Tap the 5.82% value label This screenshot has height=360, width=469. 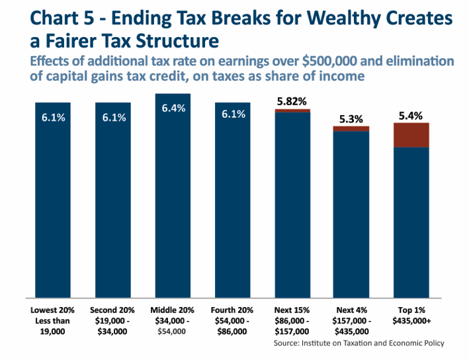pyautogui.click(x=292, y=102)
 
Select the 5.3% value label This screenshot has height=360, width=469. pyautogui.click(x=351, y=119)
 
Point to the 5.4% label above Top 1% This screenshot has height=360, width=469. pyautogui.click(x=411, y=116)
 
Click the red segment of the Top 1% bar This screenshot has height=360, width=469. pyautogui.click(x=411, y=135)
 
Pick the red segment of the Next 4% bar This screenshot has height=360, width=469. pyautogui.click(x=351, y=128)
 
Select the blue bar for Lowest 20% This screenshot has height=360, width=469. pyautogui.click(x=52, y=205)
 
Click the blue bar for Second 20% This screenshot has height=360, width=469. pyautogui.click(x=112, y=205)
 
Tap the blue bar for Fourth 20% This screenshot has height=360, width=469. pyautogui.click(x=233, y=205)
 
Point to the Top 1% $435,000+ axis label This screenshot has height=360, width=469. pyautogui.click(x=411, y=315)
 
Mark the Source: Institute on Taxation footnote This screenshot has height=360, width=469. pyautogui.click(x=359, y=343)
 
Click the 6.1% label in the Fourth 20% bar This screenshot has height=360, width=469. pyautogui.click(x=233, y=114)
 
